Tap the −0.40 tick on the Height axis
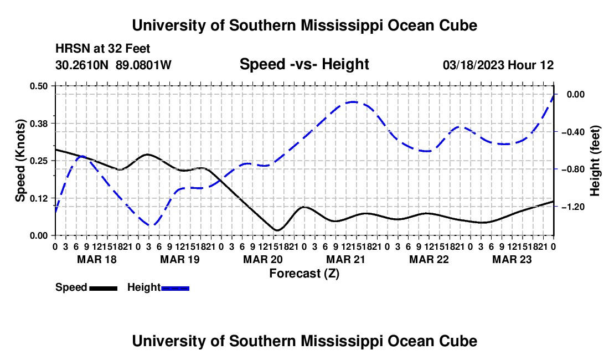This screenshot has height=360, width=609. [x=573, y=132]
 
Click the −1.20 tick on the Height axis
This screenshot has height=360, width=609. [x=573, y=207]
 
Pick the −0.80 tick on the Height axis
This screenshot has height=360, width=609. [x=573, y=169]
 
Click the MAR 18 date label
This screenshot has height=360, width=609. [x=97, y=259]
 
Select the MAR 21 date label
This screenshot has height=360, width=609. [x=345, y=259]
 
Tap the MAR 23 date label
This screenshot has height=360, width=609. [x=512, y=259]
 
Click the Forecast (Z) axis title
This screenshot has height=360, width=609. [x=304, y=274]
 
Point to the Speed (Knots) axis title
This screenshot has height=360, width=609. [x=20, y=161]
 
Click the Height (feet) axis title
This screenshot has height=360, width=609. [x=595, y=161]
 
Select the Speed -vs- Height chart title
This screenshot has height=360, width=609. [x=304, y=64]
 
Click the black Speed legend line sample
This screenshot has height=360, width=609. [x=104, y=289]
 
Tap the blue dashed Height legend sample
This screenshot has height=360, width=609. [x=175, y=289]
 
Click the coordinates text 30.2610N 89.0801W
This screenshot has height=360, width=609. [x=113, y=65]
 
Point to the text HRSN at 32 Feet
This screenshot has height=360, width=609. [x=102, y=49]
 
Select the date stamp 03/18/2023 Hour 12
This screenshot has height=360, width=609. [x=498, y=65]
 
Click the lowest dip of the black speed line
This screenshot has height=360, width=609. [x=277, y=230]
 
